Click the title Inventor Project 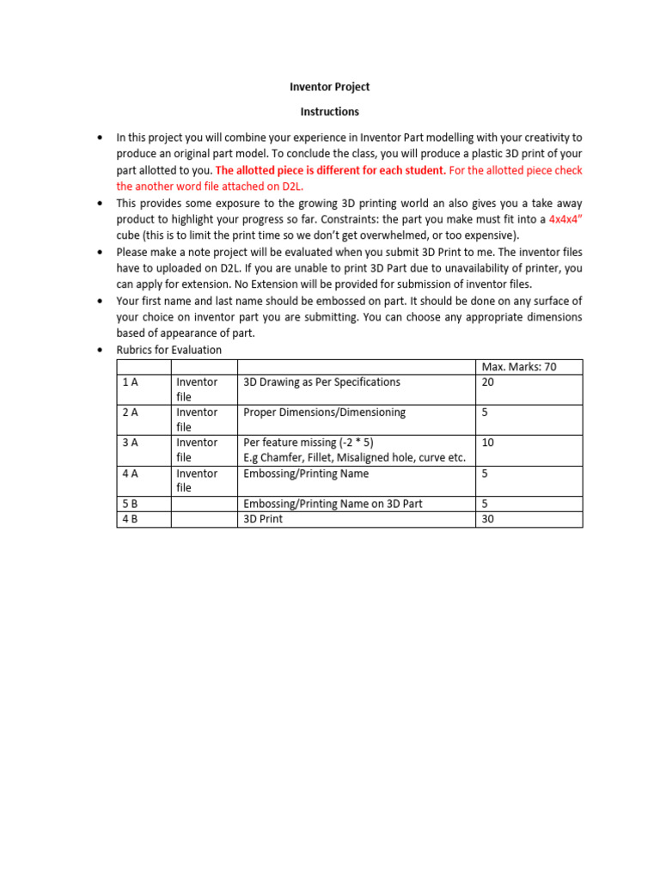click(x=330, y=88)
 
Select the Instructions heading click(x=330, y=112)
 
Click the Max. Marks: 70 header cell click(x=519, y=367)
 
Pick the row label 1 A click(x=131, y=382)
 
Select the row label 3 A click(x=131, y=443)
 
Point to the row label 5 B click(x=131, y=504)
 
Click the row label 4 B click(x=131, y=519)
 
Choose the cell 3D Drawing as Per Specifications click(x=321, y=382)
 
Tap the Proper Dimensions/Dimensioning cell click(x=324, y=412)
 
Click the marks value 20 click(x=488, y=382)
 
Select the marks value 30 click(x=488, y=519)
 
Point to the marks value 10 click(x=488, y=443)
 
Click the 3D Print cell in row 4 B click(x=263, y=519)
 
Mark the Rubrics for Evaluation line click(x=168, y=350)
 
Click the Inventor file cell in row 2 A click(x=197, y=419)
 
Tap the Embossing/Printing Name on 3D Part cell click(x=333, y=504)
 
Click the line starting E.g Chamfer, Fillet click(x=354, y=458)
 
